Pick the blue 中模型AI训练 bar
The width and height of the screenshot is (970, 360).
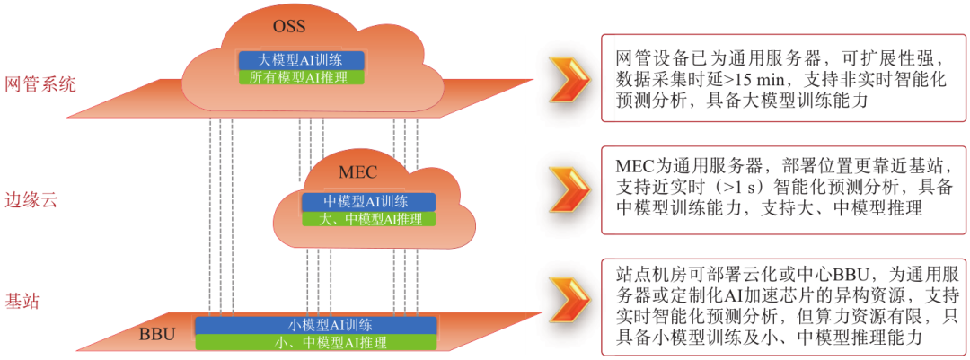(x=366, y=202)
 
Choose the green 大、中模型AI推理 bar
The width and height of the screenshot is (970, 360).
(x=366, y=218)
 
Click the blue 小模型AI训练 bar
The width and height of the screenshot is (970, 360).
(x=317, y=325)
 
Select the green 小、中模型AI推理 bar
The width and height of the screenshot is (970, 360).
(x=317, y=342)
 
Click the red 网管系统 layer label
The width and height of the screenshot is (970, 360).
(x=41, y=85)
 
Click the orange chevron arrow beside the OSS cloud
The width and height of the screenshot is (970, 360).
(x=570, y=79)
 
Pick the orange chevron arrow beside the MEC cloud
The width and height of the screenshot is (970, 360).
(x=570, y=189)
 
